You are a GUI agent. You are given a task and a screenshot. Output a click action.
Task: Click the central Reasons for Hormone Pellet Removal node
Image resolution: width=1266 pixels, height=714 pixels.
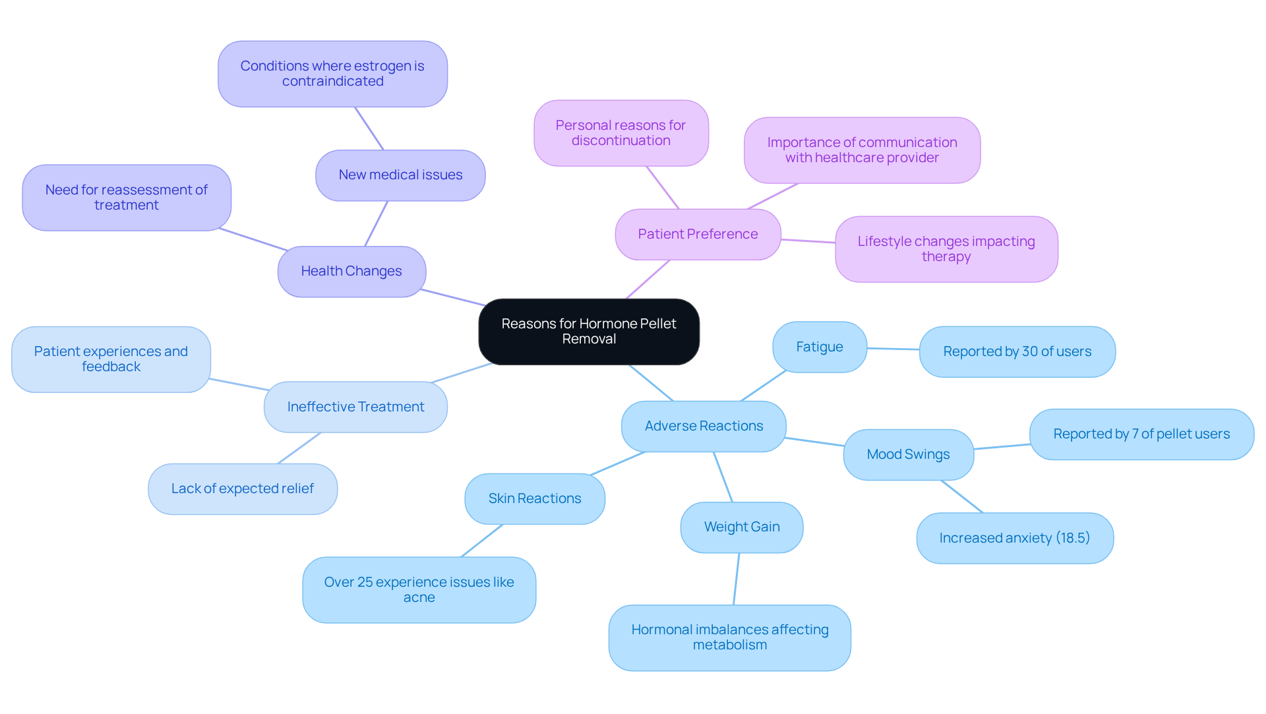(x=589, y=332)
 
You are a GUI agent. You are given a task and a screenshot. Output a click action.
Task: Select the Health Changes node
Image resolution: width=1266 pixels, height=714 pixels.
(x=351, y=272)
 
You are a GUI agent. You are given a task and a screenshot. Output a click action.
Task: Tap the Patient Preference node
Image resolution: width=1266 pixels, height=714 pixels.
(x=698, y=235)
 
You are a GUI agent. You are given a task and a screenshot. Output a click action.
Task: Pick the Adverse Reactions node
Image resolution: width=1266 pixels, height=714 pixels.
(x=704, y=427)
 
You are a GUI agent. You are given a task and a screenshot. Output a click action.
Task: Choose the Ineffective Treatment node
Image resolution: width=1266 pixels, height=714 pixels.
(x=355, y=407)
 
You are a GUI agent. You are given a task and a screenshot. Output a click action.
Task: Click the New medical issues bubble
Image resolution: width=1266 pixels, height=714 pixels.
(x=400, y=175)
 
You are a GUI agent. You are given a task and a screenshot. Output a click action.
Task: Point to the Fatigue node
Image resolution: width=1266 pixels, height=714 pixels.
(x=819, y=347)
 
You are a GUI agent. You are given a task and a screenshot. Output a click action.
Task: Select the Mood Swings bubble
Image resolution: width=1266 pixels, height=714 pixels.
(x=908, y=455)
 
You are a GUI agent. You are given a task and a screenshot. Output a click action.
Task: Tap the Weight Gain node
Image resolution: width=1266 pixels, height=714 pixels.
(x=742, y=527)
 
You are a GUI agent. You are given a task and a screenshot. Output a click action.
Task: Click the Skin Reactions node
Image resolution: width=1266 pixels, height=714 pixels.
(x=535, y=499)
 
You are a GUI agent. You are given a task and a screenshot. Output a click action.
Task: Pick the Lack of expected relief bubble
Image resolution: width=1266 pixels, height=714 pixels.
(x=243, y=489)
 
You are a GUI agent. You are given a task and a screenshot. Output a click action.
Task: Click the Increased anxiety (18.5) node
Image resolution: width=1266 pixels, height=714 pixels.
(x=1015, y=539)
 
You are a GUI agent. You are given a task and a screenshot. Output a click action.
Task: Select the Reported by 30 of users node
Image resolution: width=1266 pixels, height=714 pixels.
(x=1017, y=352)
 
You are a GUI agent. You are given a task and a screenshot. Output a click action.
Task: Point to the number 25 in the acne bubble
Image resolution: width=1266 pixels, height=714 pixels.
(x=365, y=583)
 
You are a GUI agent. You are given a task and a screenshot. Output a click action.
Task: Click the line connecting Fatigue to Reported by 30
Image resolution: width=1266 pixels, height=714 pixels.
(x=893, y=349)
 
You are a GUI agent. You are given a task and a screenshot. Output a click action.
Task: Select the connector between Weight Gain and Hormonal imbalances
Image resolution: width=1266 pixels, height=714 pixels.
(x=737, y=579)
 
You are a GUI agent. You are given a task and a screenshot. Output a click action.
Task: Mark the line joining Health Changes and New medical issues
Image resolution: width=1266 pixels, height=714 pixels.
(x=377, y=224)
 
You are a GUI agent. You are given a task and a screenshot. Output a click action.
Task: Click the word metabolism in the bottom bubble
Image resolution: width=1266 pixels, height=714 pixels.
(x=730, y=645)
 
